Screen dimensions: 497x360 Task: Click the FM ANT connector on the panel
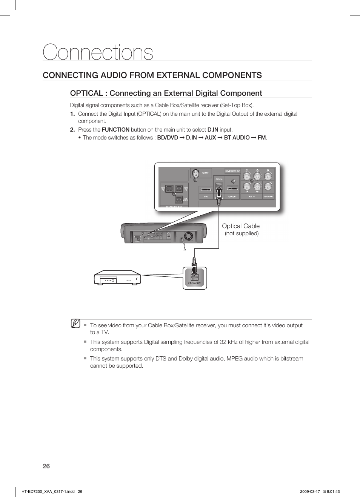point(195,174)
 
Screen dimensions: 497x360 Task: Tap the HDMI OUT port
point(232,189)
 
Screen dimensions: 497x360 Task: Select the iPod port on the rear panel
point(206,190)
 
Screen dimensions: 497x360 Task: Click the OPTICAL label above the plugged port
point(219,179)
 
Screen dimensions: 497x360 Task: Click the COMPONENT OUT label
point(232,171)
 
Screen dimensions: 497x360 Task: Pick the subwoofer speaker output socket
point(179,199)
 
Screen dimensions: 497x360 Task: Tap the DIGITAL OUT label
point(195,283)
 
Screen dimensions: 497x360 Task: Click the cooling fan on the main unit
point(188,236)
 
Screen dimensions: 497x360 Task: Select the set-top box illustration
point(117,278)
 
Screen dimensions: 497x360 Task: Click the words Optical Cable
point(241,226)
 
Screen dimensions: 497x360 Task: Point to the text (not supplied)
point(242,233)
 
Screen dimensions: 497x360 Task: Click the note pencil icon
point(75,324)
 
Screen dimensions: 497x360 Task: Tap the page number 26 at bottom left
point(46,466)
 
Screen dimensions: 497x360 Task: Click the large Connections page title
point(98,52)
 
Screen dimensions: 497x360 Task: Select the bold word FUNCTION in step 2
point(115,130)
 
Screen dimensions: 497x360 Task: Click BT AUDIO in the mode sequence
point(237,138)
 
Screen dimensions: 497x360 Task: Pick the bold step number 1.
point(72,114)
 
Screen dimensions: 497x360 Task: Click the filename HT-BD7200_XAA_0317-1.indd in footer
point(48,491)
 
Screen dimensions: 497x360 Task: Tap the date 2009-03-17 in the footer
point(310,491)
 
